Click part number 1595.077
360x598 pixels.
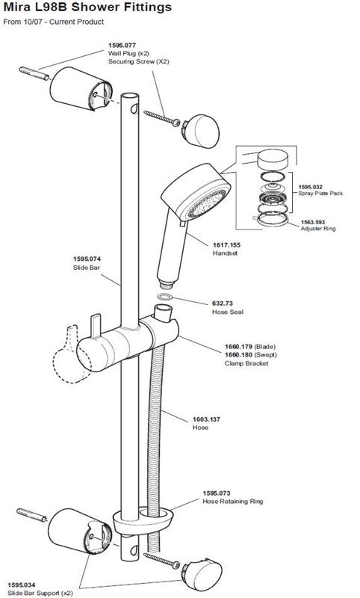pos(122,46)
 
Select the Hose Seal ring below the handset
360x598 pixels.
pos(164,297)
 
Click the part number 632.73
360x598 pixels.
pos(222,303)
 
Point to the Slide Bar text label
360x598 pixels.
pos(87,268)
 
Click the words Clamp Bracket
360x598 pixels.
pos(246,363)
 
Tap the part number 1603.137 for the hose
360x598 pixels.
pos(206,419)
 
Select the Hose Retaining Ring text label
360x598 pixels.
pos(233,502)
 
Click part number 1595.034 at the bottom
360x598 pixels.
pos(22,585)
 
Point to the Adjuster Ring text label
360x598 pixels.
pos(318,229)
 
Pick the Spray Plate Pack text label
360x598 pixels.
pos(320,194)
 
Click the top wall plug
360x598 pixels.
pos(34,73)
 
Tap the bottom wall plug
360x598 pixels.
pos(31,515)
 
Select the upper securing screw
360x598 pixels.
pos(162,118)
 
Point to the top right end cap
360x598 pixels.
pos(201,131)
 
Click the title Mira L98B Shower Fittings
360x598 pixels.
pos(87,7)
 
